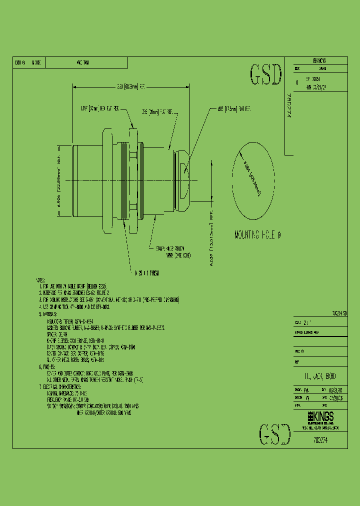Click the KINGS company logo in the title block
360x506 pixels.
319,417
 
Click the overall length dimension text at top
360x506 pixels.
131,86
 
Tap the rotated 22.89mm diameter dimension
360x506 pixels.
58,180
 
